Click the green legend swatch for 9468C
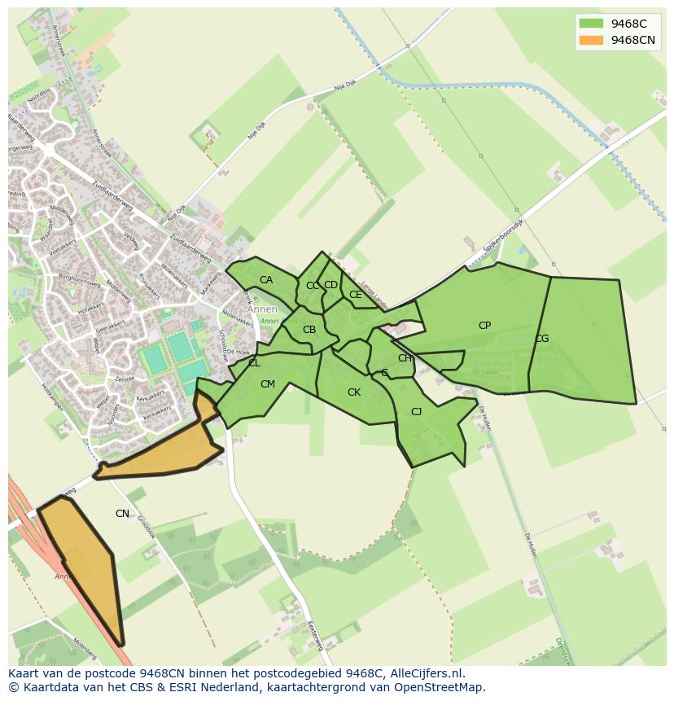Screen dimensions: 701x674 point(591,24)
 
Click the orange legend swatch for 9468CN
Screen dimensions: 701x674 point(591,40)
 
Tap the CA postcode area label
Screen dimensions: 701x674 point(266,280)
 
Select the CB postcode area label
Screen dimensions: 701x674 point(309,330)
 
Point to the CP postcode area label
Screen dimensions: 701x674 point(484,326)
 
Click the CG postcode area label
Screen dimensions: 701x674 point(541,339)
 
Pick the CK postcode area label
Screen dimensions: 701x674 point(354,392)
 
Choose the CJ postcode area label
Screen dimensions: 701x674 point(416,412)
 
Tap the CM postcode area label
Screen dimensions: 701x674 point(268,384)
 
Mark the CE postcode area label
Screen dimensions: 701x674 point(355,295)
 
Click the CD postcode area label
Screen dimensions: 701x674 point(330,285)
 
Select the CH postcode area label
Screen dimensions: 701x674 point(405,358)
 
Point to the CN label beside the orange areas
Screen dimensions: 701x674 point(122,514)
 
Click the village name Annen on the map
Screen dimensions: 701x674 point(262,309)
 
